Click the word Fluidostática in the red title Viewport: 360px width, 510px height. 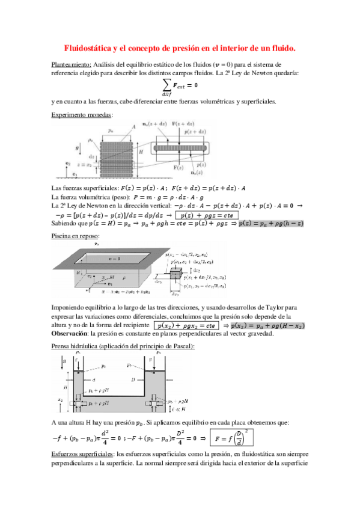(90, 47)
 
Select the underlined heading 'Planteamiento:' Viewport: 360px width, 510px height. (72, 64)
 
